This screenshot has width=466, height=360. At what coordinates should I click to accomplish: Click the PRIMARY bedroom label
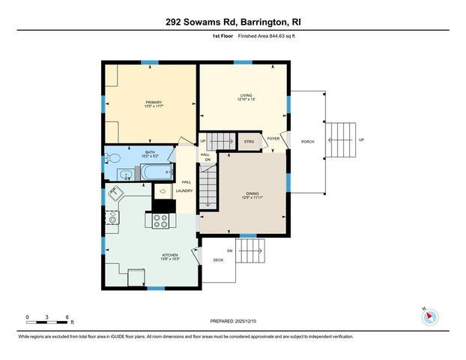tap(154, 102)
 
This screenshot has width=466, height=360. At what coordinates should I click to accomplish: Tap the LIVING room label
tap(246, 95)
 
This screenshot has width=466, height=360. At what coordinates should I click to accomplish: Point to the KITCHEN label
tap(170, 255)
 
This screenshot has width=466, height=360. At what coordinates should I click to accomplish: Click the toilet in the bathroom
tap(112, 158)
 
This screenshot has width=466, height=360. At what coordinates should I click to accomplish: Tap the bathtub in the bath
tap(158, 174)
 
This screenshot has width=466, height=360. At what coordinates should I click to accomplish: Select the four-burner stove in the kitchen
tap(161, 220)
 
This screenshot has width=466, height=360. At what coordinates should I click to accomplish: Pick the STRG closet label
tap(248, 140)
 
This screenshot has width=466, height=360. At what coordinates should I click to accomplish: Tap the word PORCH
tap(307, 141)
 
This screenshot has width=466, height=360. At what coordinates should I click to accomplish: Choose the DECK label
tap(218, 260)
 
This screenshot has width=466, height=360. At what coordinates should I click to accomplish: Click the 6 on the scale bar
tap(67, 317)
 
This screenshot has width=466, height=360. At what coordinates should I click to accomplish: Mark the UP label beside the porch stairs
tap(361, 140)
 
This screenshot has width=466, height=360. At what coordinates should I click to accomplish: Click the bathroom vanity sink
tap(127, 175)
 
